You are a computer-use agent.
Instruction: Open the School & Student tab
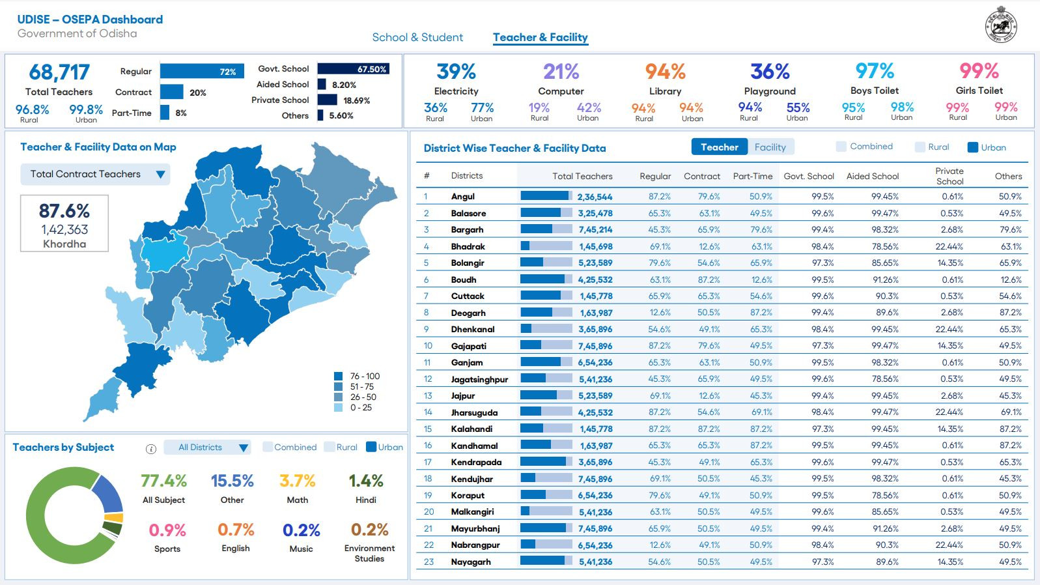[x=417, y=37]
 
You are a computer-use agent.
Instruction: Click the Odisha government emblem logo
[x=1001, y=25]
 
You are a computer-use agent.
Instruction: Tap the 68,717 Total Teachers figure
[x=59, y=72]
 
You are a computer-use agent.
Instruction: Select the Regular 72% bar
[x=202, y=71]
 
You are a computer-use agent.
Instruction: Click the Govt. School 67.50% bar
[x=354, y=68]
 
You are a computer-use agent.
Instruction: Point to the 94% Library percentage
[x=666, y=72]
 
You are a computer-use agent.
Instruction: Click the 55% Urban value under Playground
[x=798, y=107]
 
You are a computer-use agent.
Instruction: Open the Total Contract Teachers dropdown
[x=95, y=174]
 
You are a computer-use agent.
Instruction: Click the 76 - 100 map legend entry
[x=357, y=376]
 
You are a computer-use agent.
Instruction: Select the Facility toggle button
[x=770, y=147]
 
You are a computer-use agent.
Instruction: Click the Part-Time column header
[x=753, y=176]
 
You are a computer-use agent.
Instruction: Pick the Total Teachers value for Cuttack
[x=596, y=296]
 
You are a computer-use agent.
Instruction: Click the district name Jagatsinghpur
[x=479, y=379]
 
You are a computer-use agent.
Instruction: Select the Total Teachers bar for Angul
[x=546, y=196]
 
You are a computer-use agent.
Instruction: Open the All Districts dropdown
[x=208, y=448]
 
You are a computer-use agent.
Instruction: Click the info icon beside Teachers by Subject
[x=151, y=449]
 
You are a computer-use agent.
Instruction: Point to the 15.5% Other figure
[x=232, y=481]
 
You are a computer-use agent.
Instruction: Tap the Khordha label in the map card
[x=64, y=244]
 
